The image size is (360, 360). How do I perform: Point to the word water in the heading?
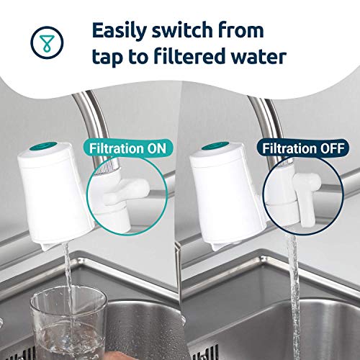(x=258, y=57)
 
